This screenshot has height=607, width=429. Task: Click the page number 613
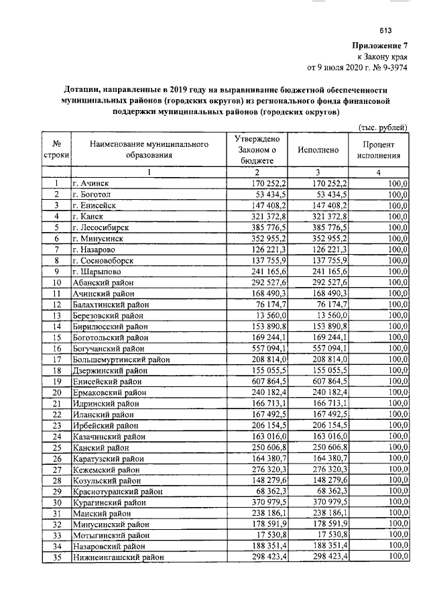[x=385, y=30]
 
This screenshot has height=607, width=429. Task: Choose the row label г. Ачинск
[x=91, y=183]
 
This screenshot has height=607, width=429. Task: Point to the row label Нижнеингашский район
[x=119, y=557]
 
